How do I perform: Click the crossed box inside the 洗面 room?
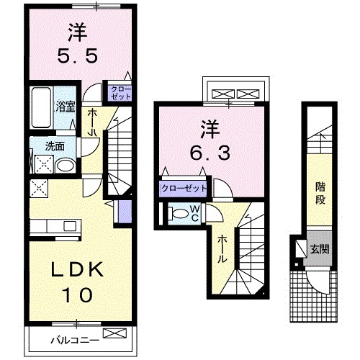point(41,164)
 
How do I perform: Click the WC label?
point(194,214)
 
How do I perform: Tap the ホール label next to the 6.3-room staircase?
point(223,248)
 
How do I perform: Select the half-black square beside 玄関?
point(299,248)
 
